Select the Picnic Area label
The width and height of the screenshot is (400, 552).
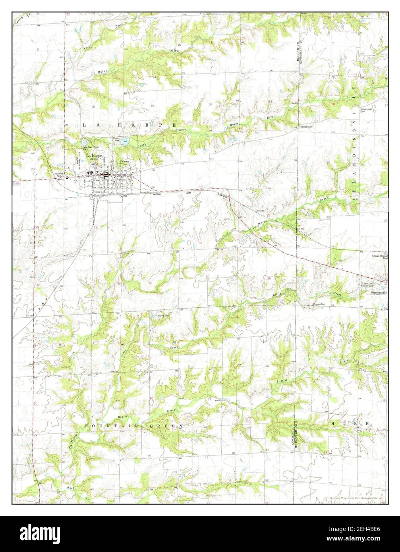point(117,139)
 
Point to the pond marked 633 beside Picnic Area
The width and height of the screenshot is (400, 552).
point(126,141)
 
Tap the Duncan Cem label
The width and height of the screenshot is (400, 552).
point(319,304)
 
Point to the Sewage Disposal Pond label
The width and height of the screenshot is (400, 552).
point(380,257)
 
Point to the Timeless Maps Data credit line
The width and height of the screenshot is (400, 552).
point(356,498)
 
